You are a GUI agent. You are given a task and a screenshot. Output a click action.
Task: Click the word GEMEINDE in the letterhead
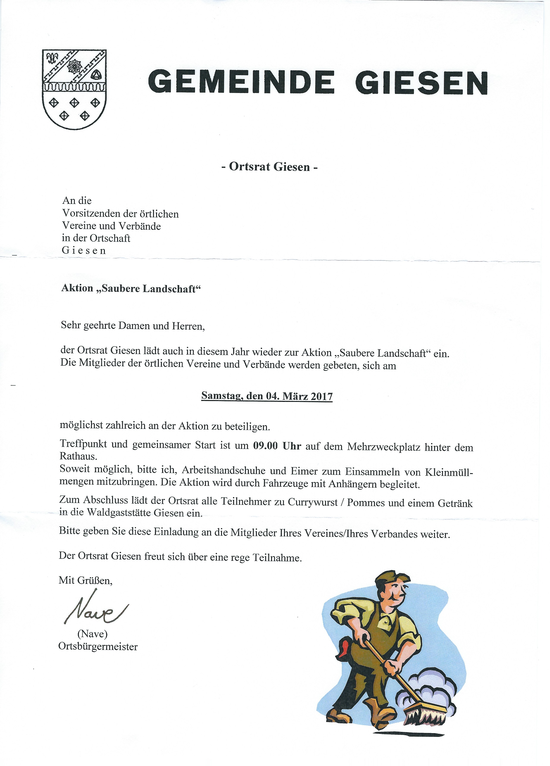pos(241,82)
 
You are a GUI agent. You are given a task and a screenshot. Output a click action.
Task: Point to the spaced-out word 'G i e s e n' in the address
pos(84,251)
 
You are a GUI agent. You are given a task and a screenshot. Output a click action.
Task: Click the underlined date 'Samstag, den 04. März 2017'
pos(267,396)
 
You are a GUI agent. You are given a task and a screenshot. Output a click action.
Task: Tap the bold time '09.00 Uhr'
pos(277,446)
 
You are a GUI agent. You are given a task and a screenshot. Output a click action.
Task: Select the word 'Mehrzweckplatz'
pos(383,447)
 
